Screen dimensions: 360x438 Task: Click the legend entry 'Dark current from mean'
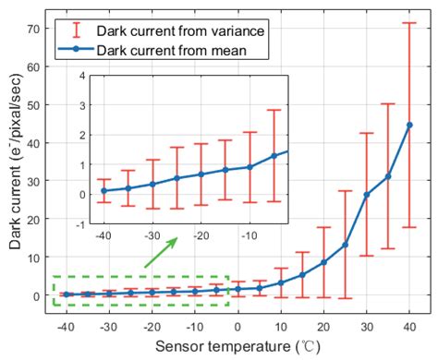click(x=156, y=50)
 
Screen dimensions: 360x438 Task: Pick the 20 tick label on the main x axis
click(x=323, y=327)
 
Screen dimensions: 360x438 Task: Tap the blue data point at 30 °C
click(x=366, y=195)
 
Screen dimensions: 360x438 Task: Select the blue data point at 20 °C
click(x=323, y=262)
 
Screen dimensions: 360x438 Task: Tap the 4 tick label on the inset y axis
click(x=84, y=76)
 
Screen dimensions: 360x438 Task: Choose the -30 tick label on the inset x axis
click(x=152, y=236)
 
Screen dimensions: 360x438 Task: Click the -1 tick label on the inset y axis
click(x=82, y=224)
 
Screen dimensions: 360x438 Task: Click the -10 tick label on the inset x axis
click(x=248, y=236)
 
